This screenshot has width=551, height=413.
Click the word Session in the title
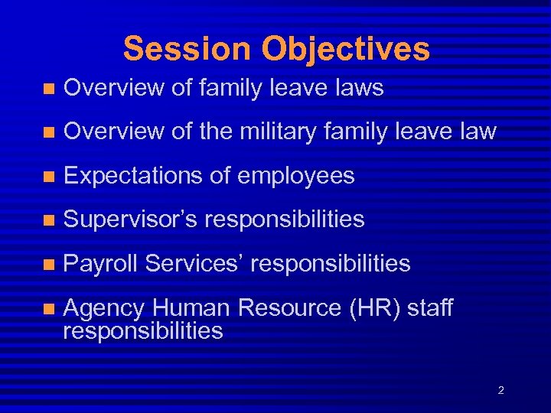[x=187, y=49]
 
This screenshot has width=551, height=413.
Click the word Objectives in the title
[x=345, y=49]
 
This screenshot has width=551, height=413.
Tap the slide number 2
[x=500, y=391]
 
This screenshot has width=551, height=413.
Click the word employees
[x=296, y=177]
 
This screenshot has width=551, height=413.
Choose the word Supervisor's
[x=129, y=220]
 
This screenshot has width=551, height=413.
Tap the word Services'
[x=194, y=264]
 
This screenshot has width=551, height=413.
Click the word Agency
[x=104, y=309]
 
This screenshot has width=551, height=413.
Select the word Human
[x=191, y=308]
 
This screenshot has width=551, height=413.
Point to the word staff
[x=430, y=308]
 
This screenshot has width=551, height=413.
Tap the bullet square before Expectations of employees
[x=48, y=177]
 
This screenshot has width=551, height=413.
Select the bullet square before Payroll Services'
[x=48, y=265]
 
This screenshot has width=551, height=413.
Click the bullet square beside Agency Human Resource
[x=48, y=309]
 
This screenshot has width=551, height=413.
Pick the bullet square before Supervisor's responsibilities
[x=48, y=221]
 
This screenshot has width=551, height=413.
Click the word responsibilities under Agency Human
[x=143, y=331]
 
